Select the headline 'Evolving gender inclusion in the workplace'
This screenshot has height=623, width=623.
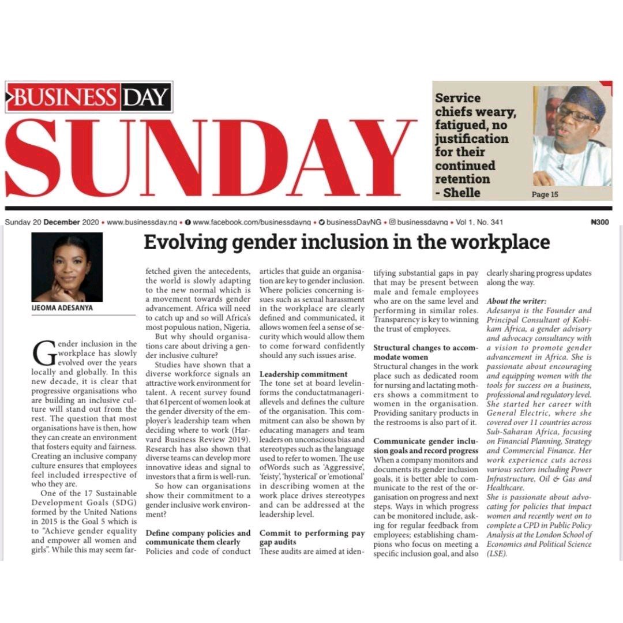[346, 242]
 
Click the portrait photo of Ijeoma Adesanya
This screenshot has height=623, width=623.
[67, 267]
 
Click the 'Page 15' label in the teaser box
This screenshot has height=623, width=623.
[545, 194]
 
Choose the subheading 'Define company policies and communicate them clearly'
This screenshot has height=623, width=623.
[197, 537]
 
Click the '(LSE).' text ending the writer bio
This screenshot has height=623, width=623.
[497, 553]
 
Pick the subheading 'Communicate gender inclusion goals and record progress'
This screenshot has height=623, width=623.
[426, 445]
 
